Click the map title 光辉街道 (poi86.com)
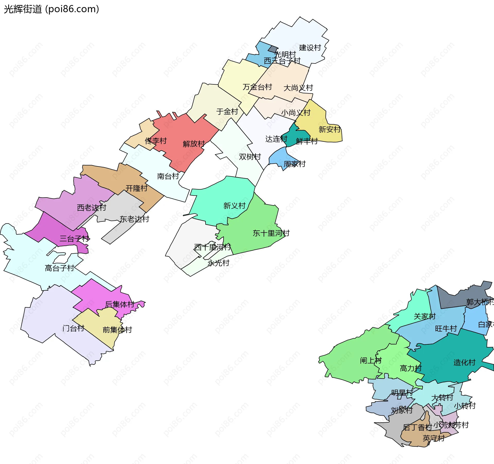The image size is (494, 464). [x=51, y=9]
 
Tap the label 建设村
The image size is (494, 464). [x=310, y=48]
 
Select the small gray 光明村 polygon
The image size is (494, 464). [x=273, y=49]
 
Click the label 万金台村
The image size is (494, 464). [x=257, y=87]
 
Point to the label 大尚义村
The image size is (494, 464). [x=298, y=88]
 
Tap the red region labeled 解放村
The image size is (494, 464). [x=185, y=134]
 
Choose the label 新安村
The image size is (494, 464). [x=329, y=129]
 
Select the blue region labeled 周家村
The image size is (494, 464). [x=280, y=157]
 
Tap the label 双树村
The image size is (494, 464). [x=250, y=157]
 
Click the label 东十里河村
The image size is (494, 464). [x=271, y=233]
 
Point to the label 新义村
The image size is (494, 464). [x=234, y=206]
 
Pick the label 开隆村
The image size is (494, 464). [x=136, y=188]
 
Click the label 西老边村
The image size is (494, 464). [x=91, y=208]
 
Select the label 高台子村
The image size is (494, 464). [x=59, y=268]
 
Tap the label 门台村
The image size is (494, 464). [x=73, y=328]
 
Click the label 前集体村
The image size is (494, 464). [x=117, y=330]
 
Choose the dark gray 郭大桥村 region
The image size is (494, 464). [x=453, y=298]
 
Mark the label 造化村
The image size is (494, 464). [x=464, y=363]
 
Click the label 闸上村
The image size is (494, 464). [x=370, y=361]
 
